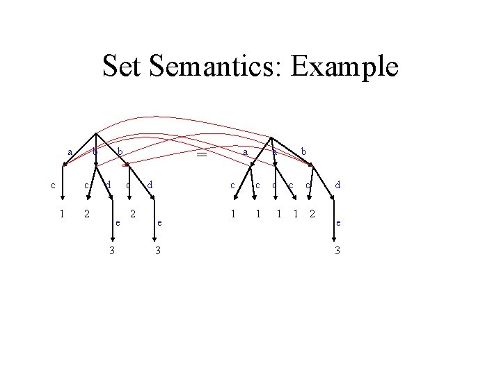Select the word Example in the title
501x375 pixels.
(x=345, y=67)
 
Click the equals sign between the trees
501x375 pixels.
(x=202, y=156)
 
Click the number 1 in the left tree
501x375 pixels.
(x=63, y=213)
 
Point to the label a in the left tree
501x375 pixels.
(x=70, y=152)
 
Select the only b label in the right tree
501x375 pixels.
(x=304, y=151)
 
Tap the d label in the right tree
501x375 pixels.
(x=337, y=185)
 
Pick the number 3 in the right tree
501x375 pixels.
(x=337, y=250)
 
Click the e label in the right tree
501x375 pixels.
(x=338, y=224)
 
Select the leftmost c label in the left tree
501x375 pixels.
(x=54, y=185)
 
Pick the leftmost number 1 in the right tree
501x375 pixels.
(x=232, y=213)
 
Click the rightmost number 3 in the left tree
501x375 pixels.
(x=158, y=250)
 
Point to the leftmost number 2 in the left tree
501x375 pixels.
(x=86, y=213)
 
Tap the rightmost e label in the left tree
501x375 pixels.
(x=160, y=224)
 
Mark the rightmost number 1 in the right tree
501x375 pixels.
(x=295, y=213)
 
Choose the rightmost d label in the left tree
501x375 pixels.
(x=150, y=185)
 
